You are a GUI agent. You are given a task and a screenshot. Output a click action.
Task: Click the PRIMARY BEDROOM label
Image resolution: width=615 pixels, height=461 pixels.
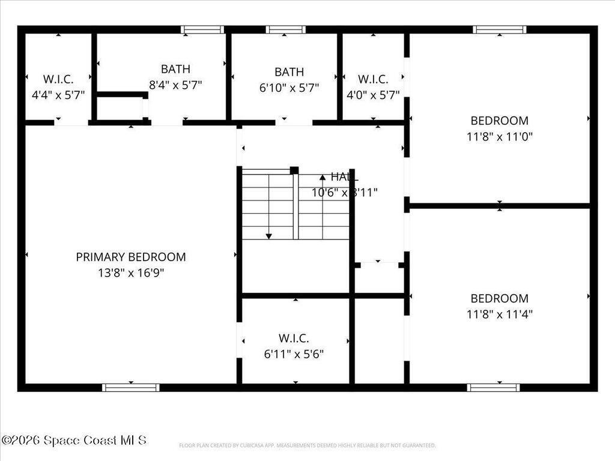131,257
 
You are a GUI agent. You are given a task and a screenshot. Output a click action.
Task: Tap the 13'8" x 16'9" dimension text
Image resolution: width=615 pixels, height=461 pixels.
131,273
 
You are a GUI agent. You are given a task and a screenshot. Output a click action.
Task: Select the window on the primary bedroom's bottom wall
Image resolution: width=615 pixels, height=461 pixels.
131,387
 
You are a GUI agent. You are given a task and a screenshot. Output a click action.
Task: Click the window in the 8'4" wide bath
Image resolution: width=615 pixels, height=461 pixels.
202,29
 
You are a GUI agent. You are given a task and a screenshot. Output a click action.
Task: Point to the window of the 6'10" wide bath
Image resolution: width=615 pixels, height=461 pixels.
286,29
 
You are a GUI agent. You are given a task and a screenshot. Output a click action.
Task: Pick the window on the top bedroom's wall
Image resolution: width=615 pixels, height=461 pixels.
499,29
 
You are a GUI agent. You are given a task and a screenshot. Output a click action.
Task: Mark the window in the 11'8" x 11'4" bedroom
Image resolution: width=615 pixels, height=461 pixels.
494,387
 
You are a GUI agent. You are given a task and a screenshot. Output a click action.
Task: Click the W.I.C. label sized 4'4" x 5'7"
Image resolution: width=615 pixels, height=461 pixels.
58,79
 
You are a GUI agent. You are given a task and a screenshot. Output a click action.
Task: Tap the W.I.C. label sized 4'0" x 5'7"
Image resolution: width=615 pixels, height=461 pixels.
373,79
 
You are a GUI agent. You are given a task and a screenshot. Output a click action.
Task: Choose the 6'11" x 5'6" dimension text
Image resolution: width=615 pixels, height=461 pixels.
294,354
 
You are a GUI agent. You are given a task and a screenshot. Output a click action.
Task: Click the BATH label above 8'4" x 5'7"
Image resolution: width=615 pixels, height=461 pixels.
175,69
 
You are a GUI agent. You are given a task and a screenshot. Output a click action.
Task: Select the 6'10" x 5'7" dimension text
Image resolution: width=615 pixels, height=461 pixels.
289,88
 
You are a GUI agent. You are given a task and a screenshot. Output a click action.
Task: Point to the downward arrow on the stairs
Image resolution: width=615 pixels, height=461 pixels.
268,235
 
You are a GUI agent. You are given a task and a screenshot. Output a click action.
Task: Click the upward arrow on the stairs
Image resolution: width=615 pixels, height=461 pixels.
323,177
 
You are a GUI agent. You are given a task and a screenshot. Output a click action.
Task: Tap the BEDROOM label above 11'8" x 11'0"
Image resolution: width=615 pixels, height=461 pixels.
499,120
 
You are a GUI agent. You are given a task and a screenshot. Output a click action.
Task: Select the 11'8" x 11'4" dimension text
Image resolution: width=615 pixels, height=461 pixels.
499,313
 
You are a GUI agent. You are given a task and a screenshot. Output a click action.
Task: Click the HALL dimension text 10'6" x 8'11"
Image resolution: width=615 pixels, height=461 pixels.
345,193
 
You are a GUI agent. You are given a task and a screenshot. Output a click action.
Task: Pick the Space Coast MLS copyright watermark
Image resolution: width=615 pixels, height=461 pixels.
73,440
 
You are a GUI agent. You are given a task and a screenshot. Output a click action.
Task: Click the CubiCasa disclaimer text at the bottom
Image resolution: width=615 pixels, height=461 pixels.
307,445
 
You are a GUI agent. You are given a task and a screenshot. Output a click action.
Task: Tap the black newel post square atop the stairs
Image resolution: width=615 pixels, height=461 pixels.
294,170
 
